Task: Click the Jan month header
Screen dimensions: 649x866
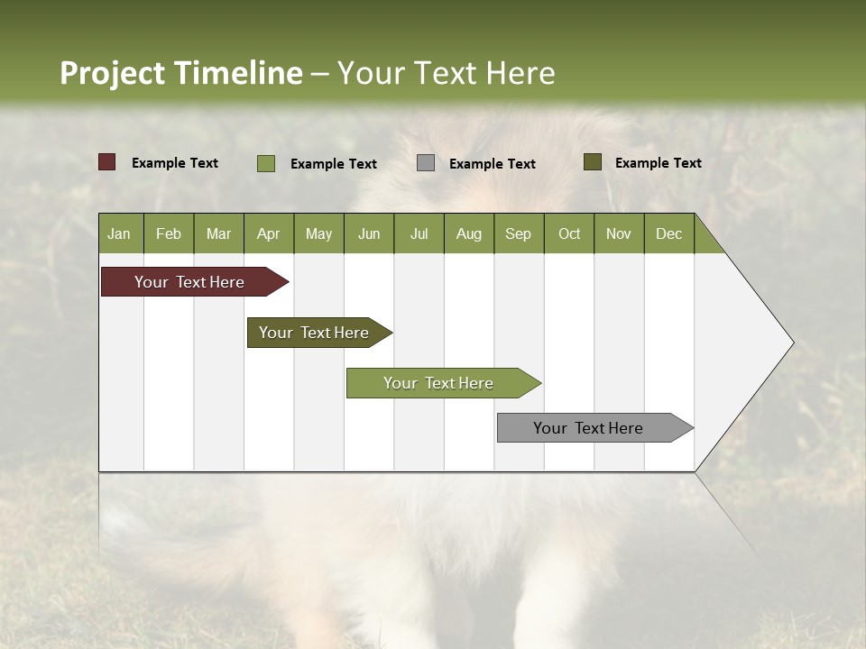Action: click(119, 233)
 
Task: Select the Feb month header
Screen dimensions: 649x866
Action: click(169, 233)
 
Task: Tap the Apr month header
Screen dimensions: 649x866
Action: click(269, 233)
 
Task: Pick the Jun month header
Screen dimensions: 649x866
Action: click(369, 233)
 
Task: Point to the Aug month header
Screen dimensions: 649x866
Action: click(469, 233)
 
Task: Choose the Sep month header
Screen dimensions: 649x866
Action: click(519, 233)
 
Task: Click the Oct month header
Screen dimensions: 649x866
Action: click(569, 233)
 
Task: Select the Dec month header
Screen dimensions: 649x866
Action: click(669, 233)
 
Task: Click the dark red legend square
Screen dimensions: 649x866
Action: click(107, 162)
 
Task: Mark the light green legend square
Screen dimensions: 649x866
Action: click(266, 163)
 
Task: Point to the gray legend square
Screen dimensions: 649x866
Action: click(426, 163)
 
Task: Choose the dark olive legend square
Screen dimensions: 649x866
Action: click(593, 162)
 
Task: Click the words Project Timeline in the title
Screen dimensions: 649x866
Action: click(181, 73)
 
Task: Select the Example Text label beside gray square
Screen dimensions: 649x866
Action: click(493, 164)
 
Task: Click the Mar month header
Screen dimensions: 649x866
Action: click(219, 233)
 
